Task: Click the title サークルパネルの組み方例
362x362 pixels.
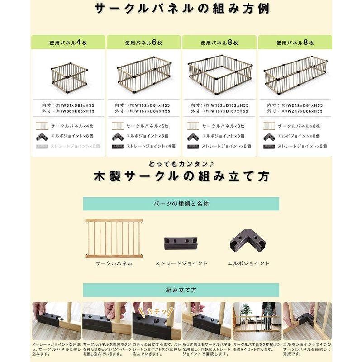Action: (181, 9)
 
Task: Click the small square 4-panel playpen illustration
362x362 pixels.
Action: (68, 75)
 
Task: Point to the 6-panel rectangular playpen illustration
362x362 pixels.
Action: (144, 73)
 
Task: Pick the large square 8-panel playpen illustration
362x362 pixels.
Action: (219, 74)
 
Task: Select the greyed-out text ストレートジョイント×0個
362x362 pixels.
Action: (74, 146)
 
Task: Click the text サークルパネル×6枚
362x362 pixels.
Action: (148, 126)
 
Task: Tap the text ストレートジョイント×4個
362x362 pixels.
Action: (151, 146)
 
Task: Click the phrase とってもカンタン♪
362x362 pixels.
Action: (181, 164)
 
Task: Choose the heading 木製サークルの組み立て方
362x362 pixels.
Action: (181, 177)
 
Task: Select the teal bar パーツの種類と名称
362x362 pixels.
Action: (181, 204)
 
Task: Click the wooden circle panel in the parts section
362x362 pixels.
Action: (114, 238)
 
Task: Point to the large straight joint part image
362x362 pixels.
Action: (181, 244)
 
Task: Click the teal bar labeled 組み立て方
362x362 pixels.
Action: (181, 290)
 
